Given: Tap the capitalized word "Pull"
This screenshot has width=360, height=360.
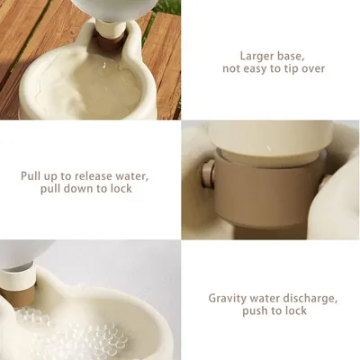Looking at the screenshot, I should point(35,175).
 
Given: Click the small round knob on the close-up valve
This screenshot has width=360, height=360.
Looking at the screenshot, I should point(207,173).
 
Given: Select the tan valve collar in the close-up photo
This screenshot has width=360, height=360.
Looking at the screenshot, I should point(261,180).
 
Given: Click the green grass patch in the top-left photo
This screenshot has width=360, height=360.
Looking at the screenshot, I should point(170,6).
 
